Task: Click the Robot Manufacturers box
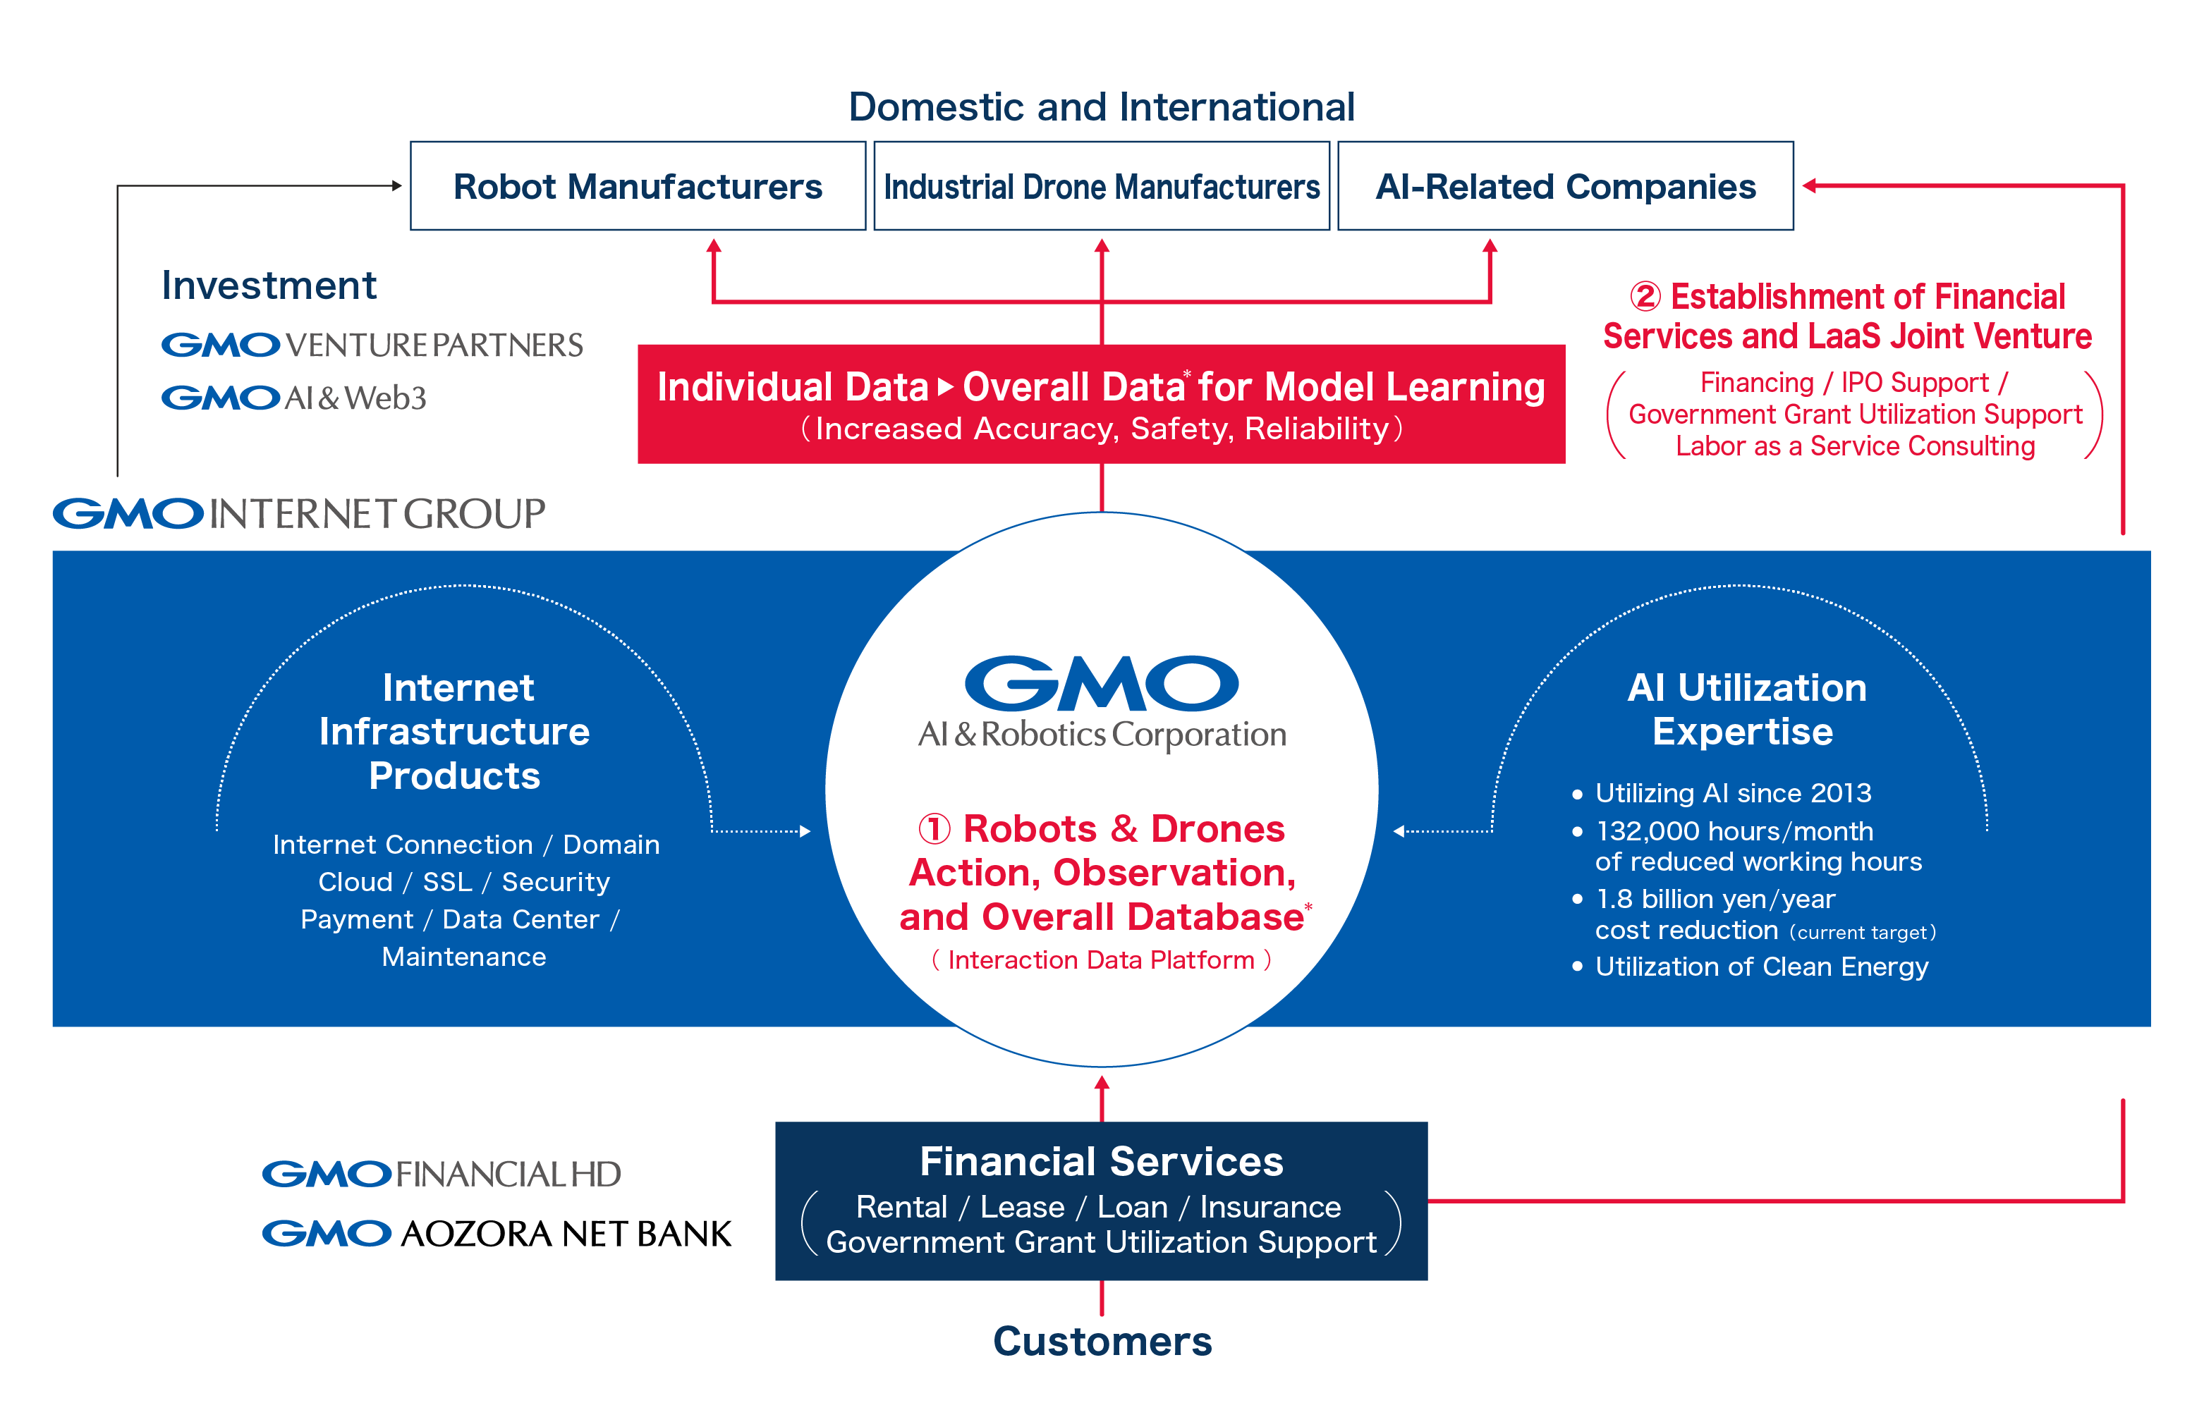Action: pos(638,186)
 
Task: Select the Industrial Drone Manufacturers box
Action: pos(1101,186)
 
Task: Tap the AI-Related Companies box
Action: pos(1565,186)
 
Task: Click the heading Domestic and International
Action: pos(1101,107)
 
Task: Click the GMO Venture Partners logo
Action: pos(372,345)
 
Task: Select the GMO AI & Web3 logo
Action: pos(293,398)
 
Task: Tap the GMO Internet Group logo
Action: pos(298,514)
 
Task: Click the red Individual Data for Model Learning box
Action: pos(1101,404)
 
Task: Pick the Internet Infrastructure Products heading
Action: pos(455,732)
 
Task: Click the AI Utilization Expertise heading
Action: pos(1746,709)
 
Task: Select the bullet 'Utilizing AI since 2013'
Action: pos(1731,793)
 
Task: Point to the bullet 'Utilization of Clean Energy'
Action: pos(1761,967)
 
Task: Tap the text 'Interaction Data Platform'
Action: pos(1101,960)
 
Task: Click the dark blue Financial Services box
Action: pos(1101,1201)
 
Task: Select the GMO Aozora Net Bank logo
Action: pos(497,1233)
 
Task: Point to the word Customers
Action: pos(1102,1342)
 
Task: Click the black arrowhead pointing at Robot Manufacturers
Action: pos(396,186)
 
